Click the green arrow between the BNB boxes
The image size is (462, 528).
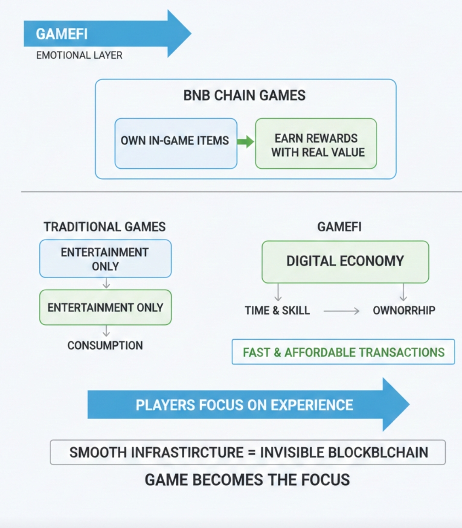click(x=245, y=142)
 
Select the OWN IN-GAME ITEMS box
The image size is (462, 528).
click(x=175, y=143)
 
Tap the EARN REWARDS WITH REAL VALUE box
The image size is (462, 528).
click(x=316, y=144)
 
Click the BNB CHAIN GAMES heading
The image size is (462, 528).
click(x=244, y=95)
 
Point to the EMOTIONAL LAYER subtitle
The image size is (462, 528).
click(x=79, y=55)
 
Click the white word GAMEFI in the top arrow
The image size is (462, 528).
click(x=61, y=34)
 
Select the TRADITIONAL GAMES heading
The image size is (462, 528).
click(x=105, y=227)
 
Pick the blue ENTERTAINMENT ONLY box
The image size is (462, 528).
click(x=105, y=259)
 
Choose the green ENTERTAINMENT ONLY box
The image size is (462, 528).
click(x=105, y=307)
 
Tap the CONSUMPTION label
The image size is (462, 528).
click(x=105, y=345)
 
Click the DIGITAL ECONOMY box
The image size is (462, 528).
click(x=345, y=261)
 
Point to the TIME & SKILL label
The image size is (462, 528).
click(x=277, y=310)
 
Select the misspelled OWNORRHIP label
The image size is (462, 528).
click(x=404, y=310)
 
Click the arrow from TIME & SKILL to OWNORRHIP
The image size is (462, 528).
click(x=341, y=311)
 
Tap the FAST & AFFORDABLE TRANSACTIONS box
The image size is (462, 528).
click(x=343, y=352)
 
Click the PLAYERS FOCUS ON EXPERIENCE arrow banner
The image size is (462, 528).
click(x=244, y=405)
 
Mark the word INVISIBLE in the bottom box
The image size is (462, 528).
click(x=294, y=452)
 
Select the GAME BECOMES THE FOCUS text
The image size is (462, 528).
click(x=247, y=480)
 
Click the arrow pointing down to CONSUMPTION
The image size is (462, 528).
click(x=106, y=331)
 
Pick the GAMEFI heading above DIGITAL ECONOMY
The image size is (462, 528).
click(x=339, y=227)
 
